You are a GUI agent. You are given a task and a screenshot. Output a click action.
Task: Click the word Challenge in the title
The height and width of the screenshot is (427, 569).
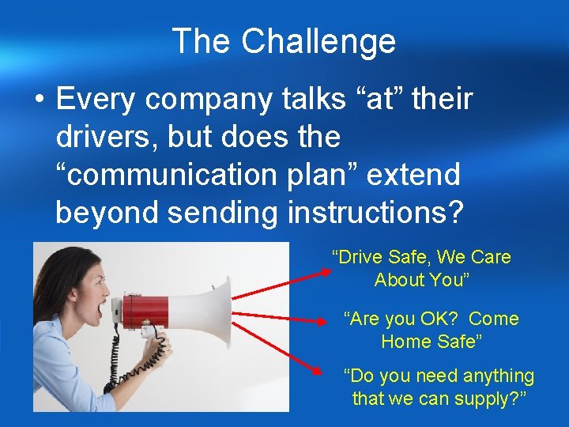coord(318,41)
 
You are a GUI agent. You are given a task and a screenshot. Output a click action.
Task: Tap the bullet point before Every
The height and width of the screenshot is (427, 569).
coord(38,100)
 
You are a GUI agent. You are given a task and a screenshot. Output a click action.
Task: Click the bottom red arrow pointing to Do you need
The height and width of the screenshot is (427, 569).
coord(281,348)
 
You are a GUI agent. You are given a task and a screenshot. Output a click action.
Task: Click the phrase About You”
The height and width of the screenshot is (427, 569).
coord(422,280)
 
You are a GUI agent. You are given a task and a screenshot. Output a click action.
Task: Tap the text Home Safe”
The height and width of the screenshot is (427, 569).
coord(431,342)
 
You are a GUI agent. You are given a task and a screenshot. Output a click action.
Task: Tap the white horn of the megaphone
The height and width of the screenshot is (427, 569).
coord(209,308)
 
